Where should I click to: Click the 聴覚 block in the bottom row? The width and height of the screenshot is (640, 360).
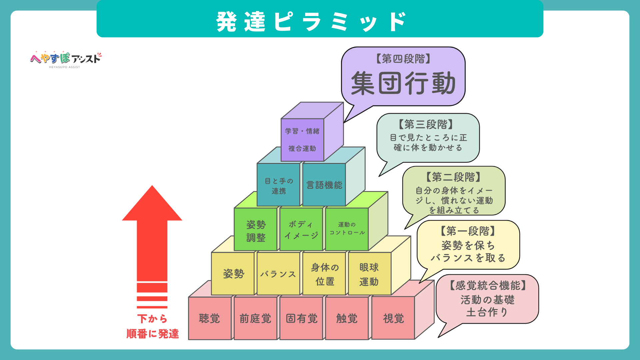[210, 318]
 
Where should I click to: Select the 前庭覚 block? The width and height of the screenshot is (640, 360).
[256, 318]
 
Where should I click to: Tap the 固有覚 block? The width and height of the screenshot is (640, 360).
[301, 318]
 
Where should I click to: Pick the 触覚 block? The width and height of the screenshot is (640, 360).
[347, 318]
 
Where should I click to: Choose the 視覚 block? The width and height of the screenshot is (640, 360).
[393, 318]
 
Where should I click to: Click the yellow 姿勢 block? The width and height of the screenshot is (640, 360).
[233, 274]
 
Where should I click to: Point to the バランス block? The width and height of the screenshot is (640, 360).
[279, 274]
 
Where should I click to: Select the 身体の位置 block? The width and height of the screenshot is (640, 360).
[324, 274]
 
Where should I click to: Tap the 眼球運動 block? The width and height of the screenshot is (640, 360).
[370, 274]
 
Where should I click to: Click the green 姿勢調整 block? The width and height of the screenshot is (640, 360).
[256, 229]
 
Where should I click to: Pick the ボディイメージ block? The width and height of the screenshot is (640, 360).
[301, 229]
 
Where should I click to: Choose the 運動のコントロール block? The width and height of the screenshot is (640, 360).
[347, 229]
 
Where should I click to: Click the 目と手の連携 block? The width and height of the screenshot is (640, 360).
[279, 185]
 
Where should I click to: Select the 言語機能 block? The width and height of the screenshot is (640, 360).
[324, 185]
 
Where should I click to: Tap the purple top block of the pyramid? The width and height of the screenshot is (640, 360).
[302, 140]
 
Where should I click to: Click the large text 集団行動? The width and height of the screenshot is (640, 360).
[403, 83]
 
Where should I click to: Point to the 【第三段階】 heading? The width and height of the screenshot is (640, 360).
[426, 124]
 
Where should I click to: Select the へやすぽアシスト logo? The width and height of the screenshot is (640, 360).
[65, 59]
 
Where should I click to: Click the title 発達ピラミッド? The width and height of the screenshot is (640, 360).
[312, 22]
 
